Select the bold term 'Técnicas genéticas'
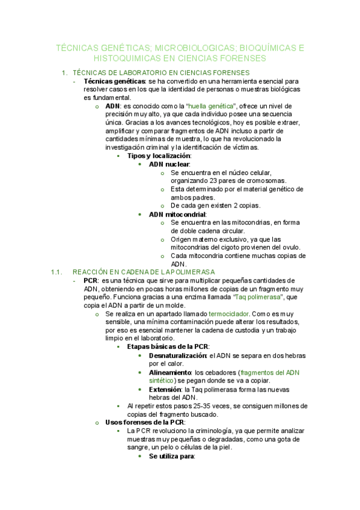[114, 81]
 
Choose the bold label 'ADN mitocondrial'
[177, 214]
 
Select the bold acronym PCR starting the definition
[91, 280]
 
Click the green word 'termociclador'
[228, 314]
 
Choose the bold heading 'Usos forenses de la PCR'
[140, 422]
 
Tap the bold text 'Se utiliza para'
[171, 456]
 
